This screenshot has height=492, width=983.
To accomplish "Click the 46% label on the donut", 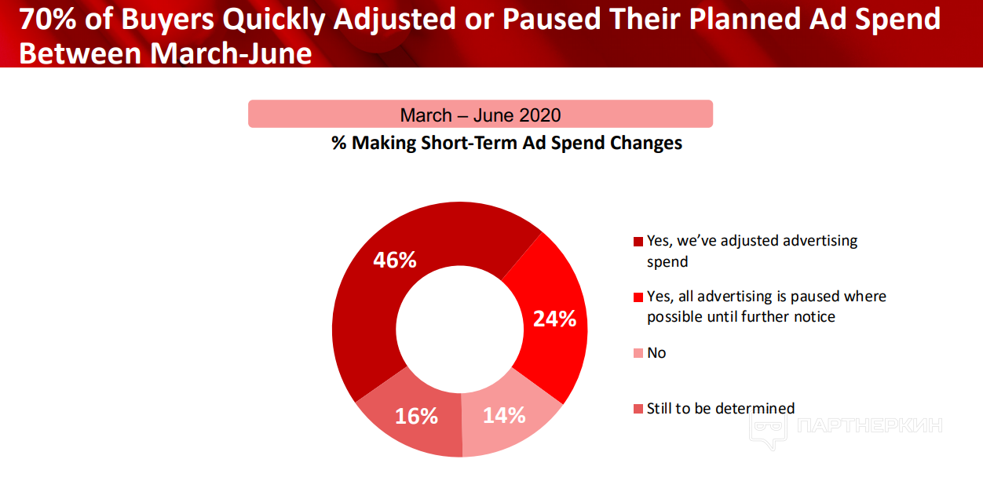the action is [x=394, y=260].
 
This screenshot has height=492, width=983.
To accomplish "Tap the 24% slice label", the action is [x=554, y=319].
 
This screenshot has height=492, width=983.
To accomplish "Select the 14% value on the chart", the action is [x=504, y=415].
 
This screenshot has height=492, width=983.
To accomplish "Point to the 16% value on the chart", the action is [x=416, y=416].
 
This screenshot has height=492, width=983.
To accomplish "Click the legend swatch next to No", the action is [x=638, y=353].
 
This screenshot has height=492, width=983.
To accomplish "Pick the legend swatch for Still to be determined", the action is [x=638, y=409].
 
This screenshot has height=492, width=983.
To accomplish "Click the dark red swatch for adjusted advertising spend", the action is [x=638, y=242].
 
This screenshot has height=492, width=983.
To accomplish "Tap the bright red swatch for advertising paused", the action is [x=638, y=297].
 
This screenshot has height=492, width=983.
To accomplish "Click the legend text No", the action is [x=656, y=353].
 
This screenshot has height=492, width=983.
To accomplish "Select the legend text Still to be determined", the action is [x=721, y=409].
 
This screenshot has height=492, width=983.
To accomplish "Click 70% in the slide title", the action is [x=48, y=20].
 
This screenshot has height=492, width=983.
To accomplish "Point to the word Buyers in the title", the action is [x=168, y=20].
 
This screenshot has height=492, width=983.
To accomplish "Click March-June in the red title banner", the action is [x=231, y=53].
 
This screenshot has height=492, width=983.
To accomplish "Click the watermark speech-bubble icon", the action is [x=768, y=430].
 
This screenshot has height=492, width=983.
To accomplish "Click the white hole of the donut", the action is [x=460, y=330].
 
